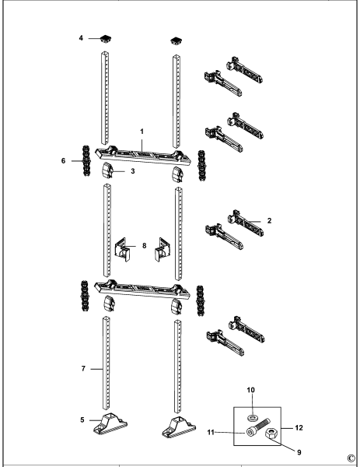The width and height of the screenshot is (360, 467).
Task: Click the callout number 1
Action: [142, 132]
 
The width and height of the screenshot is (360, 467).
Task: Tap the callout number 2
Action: [269, 221]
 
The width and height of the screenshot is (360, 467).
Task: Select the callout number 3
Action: [133, 171]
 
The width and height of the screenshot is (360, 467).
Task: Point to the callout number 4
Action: [81, 38]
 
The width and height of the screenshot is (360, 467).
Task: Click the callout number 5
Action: [82, 420]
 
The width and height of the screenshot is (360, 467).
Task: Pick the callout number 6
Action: [63, 161]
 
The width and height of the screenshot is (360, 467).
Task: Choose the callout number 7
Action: [83, 369]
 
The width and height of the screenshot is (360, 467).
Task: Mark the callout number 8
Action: [145, 246]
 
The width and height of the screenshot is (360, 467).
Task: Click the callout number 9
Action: [299, 452]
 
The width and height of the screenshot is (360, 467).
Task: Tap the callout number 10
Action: [251, 390]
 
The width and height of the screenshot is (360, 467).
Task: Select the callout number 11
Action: [211, 432]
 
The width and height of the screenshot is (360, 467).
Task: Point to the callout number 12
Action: [299, 427]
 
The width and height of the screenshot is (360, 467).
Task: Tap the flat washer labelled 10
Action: [252, 418]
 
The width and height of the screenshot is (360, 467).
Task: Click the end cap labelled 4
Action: [107, 39]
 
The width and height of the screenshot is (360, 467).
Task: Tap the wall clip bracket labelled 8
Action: [123, 249]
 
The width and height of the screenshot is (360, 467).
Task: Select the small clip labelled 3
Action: [108, 171]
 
